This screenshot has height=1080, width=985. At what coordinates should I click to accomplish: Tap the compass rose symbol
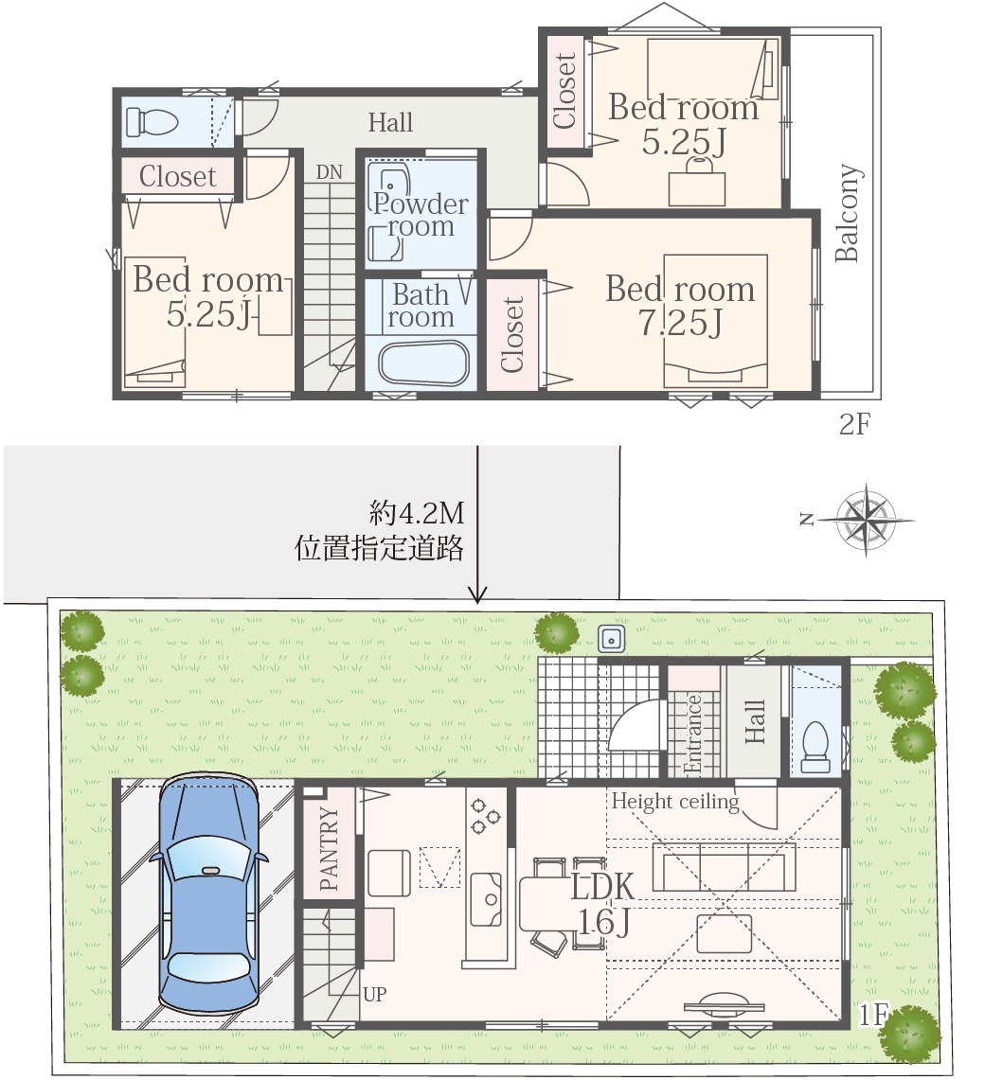click(867, 520)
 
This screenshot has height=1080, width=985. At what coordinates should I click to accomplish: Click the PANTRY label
click(330, 848)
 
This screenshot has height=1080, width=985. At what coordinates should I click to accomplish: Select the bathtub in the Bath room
click(423, 363)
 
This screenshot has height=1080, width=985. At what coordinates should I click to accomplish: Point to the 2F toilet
click(151, 122)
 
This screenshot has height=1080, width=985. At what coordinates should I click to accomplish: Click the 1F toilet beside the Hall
click(815, 746)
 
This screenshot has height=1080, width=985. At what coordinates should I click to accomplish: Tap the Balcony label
click(847, 213)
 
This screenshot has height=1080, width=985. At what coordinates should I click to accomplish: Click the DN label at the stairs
click(329, 171)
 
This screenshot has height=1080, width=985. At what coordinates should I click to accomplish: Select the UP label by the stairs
click(374, 994)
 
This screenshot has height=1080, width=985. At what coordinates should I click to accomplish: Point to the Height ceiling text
click(674, 802)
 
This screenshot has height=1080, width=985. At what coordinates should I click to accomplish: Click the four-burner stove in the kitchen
click(485, 816)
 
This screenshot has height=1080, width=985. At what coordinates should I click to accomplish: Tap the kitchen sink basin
click(486, 899)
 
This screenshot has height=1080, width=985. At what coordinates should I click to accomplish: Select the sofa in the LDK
click(724, 866)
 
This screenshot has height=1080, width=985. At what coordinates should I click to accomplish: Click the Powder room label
click(421, 215)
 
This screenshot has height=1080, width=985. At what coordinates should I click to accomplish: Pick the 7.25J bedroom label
click(680, 305)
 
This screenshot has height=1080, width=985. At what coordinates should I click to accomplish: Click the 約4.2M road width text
click(417, 513)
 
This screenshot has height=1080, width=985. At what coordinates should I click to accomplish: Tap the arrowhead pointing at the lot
click(477, 594)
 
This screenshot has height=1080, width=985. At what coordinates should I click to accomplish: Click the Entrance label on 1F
click(692, 735)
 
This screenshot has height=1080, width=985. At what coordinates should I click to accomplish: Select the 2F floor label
click(854, 424)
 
